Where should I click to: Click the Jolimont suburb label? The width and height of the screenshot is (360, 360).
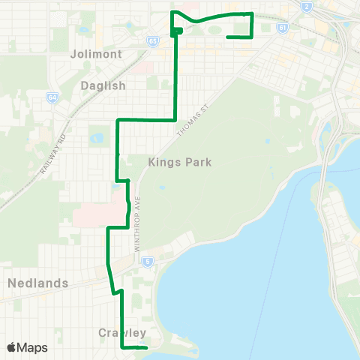pyautogui.click(x=95, y=54)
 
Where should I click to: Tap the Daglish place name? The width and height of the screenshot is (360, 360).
pyautogui.click(x=102, y=85)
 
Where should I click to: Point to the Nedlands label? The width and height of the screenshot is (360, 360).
pyautogui.click(x=37, y=283)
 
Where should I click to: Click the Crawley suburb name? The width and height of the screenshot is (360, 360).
pyautogui.click(x=121, y=332)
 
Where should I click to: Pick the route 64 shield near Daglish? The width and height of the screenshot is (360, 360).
pyautogui.click(x=52, y=97)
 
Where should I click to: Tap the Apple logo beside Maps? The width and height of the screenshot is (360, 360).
pyautogui.click(x=11, y=347)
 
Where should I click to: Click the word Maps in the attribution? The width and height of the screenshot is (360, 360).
pyautogui.click(x=32, y=347)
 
